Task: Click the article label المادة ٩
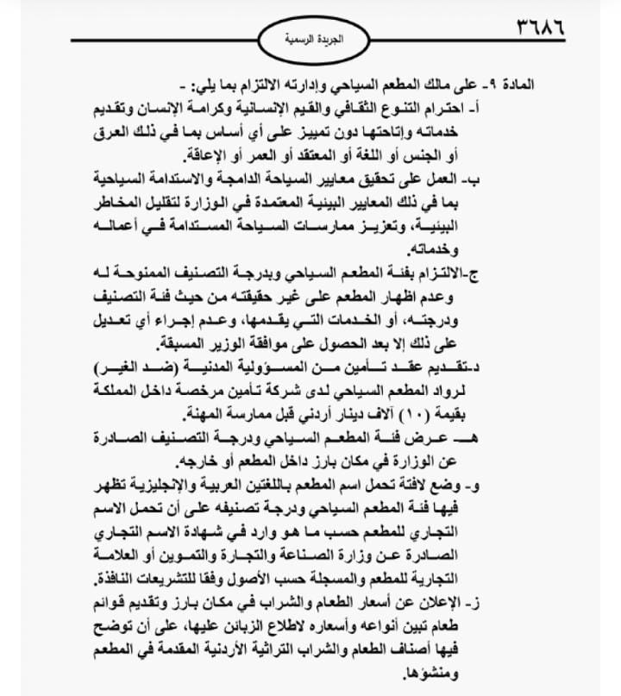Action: click(x=516, y=86)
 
